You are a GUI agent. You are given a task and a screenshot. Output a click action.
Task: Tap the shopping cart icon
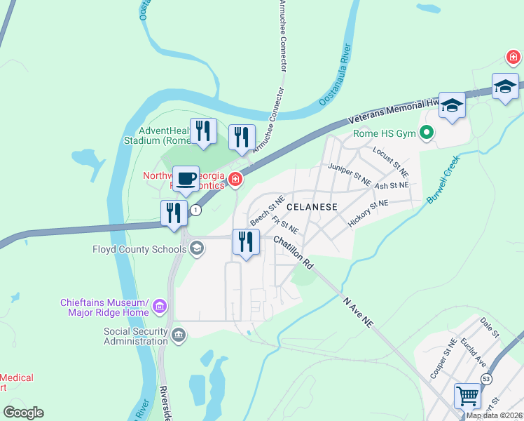(467, 395)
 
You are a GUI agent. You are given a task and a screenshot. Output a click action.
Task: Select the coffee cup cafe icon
(186, 179)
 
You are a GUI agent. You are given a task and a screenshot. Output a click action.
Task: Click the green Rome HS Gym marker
(426, 132)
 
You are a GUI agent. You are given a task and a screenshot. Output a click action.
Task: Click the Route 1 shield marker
(196, 210)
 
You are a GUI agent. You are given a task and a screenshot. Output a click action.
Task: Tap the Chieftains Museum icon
(160, 307)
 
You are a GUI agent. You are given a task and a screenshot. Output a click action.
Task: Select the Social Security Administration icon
(179, 334)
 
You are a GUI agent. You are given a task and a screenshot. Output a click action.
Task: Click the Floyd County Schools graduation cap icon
(198, 248)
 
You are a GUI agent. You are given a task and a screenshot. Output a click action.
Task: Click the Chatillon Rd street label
(293, 251)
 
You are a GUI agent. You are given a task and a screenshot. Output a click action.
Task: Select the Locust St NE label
(390, 161)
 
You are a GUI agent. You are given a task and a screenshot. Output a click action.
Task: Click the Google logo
(24, 413)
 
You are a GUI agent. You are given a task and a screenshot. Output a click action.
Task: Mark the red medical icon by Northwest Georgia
(235, 181)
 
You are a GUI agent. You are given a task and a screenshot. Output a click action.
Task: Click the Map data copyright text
(494, 415)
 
